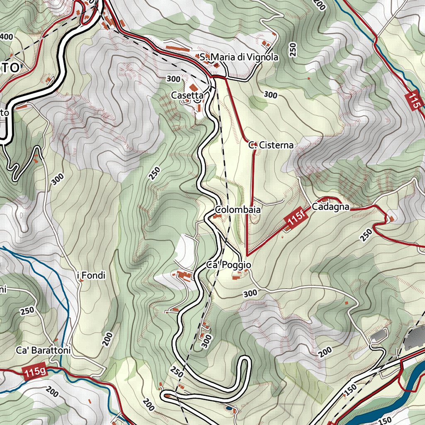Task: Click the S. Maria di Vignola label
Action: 239,57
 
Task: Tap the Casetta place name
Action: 187,95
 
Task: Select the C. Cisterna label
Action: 271,145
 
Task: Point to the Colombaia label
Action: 238,210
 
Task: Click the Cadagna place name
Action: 330,207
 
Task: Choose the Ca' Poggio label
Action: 229,265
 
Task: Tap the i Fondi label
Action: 92,275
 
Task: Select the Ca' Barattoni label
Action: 44,350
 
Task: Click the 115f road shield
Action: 295,219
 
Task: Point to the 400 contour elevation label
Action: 6,37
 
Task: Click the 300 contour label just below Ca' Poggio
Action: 250,293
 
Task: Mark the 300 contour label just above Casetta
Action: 173,78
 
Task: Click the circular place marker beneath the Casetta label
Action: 198,98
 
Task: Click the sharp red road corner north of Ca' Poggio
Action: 247,255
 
